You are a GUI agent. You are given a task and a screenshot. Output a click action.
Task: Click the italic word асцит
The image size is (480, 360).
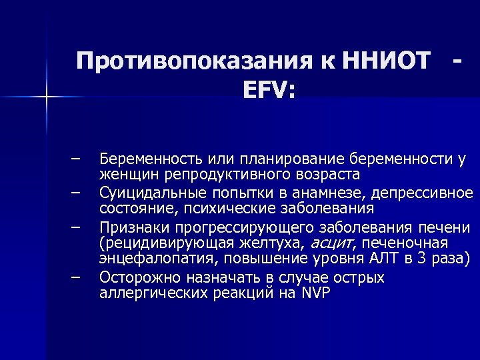pyautogui.click(x=331, y=242)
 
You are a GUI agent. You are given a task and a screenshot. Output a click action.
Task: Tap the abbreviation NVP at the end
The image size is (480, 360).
pyautogui.click(x=316, y=293)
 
